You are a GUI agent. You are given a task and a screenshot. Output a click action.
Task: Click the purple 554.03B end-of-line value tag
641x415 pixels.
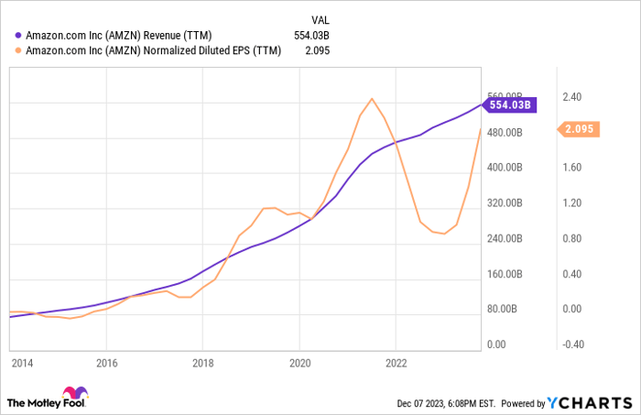pos(510,105)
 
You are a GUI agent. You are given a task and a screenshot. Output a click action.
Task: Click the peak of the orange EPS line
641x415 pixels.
pos(371,99)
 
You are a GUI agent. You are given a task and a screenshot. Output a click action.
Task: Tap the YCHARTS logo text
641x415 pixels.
pos(590,402)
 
